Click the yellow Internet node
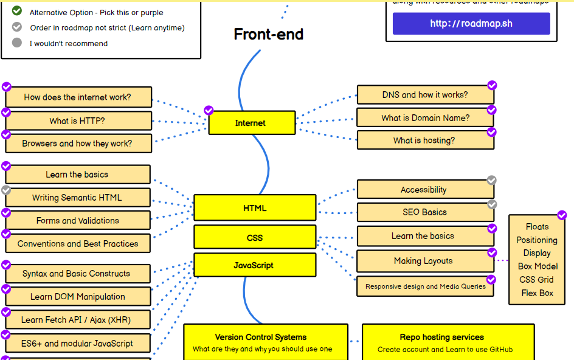(252, 123)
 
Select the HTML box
(255, 208)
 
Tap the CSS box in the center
(255, 237)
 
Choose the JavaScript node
(254, 265)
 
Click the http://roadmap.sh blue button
(471, 24)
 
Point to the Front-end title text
(268, 34)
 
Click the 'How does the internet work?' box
(78, 97)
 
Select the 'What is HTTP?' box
(78, 120)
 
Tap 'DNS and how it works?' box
(425, 95)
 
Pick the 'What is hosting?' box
(424, 140)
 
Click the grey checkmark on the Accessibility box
(492, 180)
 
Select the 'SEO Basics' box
(424, 212)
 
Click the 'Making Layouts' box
(424, 261)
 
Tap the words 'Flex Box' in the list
(537, 293)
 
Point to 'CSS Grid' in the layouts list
(536, 280)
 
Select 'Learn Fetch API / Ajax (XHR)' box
(77, 320)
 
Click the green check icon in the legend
(17, 11)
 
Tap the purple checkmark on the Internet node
(209, 110)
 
